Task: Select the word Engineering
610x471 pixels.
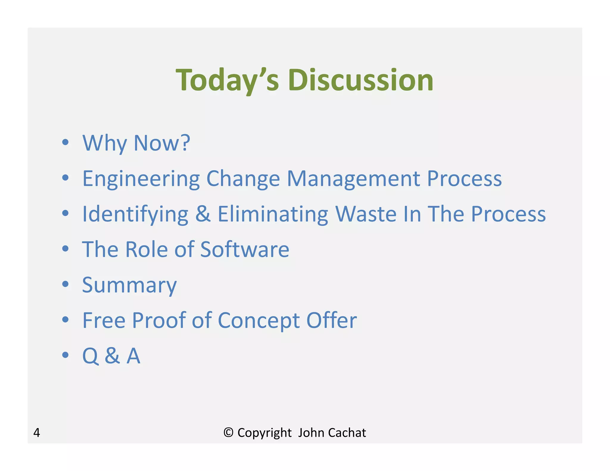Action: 141,179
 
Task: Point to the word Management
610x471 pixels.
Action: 354,179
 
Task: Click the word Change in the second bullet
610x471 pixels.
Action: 243,179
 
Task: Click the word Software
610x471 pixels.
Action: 245,249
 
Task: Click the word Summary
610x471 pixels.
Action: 129,285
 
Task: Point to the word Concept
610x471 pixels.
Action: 259,321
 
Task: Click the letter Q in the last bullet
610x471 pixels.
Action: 90,356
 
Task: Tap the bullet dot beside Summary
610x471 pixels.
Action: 65,284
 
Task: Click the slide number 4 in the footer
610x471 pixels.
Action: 37,433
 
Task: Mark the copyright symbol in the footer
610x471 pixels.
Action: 228,433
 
